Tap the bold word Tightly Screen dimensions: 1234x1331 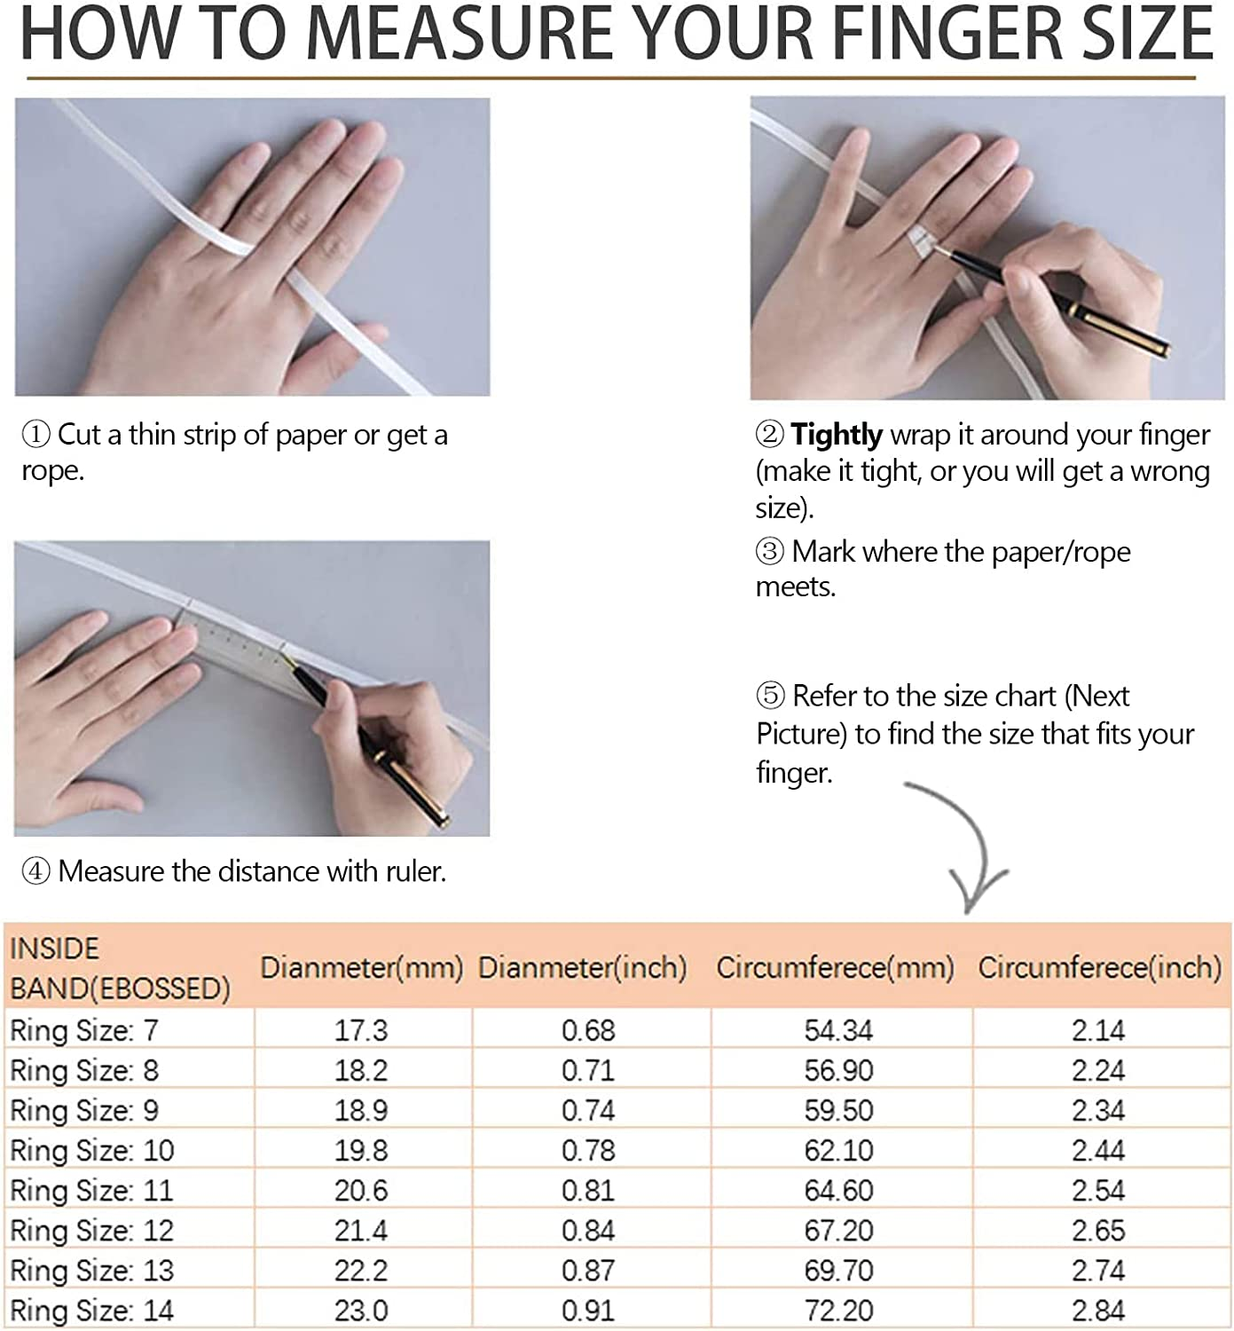click(x=837, y=436)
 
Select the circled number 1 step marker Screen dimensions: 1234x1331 click(x=36, y=435)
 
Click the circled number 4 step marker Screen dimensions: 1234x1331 click(x=36, y=872)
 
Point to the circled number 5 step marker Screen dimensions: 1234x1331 click(x=770, y=696)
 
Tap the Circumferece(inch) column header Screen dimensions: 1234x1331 click(x=1100, y=968)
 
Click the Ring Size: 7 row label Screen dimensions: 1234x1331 click(x=84, y=1030)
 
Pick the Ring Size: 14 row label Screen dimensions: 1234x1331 click(x=92, y=1311)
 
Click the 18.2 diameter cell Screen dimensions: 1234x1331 click(x=361, y=1070)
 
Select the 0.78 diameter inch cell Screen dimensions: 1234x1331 click(x=588, y=1151)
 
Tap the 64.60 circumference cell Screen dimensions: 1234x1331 click(x=839, y=1191)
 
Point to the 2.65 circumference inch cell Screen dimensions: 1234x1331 click(x=1098, y=1231)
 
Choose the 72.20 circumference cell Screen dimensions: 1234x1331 click(x=839, y=1311)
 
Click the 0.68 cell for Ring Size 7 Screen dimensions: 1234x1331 click(x=588, y=1030)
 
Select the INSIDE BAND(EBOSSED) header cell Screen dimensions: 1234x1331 click(x=121, y=968)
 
